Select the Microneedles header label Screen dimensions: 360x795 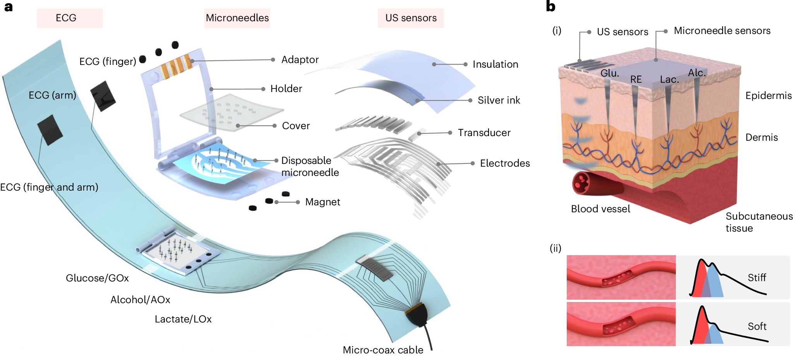click(x=237, y=18)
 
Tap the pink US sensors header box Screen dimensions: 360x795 click(x=410, y=18)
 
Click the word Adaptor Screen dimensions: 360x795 click(x=300, y=60)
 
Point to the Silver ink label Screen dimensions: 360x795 click(x=499, y=101)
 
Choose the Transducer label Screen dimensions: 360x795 click(x=484, y=133)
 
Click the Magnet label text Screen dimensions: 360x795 click(x=323, y=202)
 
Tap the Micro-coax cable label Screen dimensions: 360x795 click(x=383, y=350)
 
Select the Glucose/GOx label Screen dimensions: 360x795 click(x=97, y=278)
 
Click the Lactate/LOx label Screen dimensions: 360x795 click(x=183, y=319)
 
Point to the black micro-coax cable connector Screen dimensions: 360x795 click(x=416, y=315)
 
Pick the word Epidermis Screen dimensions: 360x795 click(x=768, y=96)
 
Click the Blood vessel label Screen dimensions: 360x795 click(x=600, y=209)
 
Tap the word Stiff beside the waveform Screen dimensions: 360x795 click(x=757, y=278)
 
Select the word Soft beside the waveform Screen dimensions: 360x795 click(x=757, y=327)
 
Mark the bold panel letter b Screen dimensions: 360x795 click(x=551, y=7)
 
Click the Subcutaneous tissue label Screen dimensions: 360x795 click(x=759, y=222)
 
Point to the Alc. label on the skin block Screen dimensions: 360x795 click(x=697, y=73)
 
